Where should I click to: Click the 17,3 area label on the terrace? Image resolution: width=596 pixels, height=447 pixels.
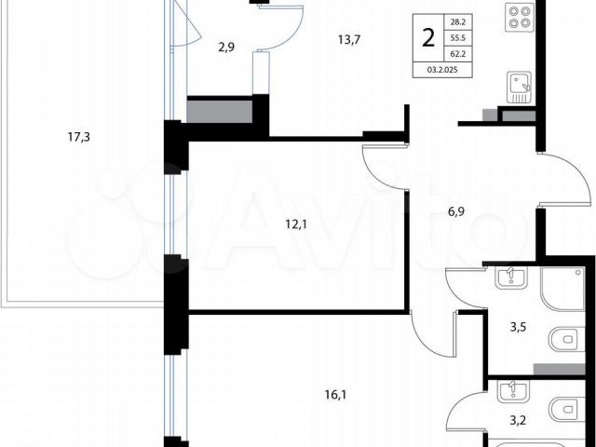pos(78,137)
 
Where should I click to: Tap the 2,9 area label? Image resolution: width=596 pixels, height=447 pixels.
pos(226,47)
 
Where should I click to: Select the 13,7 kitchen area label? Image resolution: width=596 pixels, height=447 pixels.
pos(349,39)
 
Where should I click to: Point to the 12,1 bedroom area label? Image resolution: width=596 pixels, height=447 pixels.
pos(296,224)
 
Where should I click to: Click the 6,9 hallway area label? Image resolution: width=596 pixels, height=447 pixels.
pos(456,211)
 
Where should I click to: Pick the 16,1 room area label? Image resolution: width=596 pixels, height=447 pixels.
pos(335,395)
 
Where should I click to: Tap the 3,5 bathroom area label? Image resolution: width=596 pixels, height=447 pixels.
pos(518,327)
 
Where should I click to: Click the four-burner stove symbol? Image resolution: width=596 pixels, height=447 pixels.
pos(520,18)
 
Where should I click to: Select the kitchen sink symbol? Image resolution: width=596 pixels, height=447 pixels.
pos(520,88)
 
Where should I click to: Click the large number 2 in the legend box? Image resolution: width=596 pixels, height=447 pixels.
pos(428,38)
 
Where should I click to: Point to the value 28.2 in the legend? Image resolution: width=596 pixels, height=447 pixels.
pos(458,22)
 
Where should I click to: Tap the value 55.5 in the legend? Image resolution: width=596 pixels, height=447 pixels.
pos(458,38)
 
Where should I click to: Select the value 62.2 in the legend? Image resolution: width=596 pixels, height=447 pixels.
pos(458,54)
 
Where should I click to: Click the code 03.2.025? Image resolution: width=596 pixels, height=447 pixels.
pos(442,70)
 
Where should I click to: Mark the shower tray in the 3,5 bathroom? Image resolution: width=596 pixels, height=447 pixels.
pos(562,289)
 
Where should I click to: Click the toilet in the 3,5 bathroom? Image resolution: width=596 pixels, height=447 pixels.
pos(567,339)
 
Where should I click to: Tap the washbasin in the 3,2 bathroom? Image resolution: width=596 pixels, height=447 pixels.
pos(513,391)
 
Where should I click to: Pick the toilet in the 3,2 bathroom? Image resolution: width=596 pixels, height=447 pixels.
pos(567,410)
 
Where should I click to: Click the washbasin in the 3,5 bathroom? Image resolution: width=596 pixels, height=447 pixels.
pos(511,278)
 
